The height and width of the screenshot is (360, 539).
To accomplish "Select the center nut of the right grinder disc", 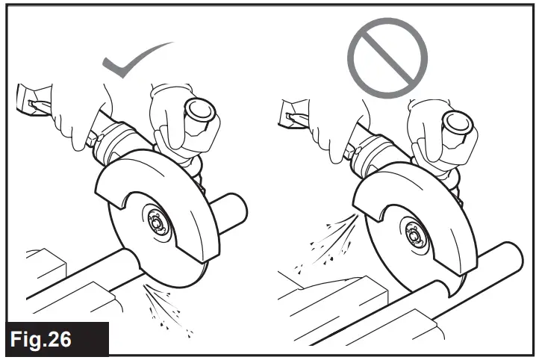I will pyautogui.click(x=415, y=234).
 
